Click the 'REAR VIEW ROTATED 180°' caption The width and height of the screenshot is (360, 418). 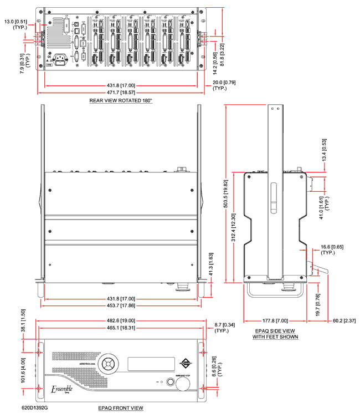[x=120, y=101]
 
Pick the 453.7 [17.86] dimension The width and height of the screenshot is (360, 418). [x=120, y=305]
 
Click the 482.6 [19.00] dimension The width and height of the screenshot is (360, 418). [x=120, y=321]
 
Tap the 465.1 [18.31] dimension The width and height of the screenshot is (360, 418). [x=120, y=329]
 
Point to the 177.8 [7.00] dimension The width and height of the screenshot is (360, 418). [x=275, y=320]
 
